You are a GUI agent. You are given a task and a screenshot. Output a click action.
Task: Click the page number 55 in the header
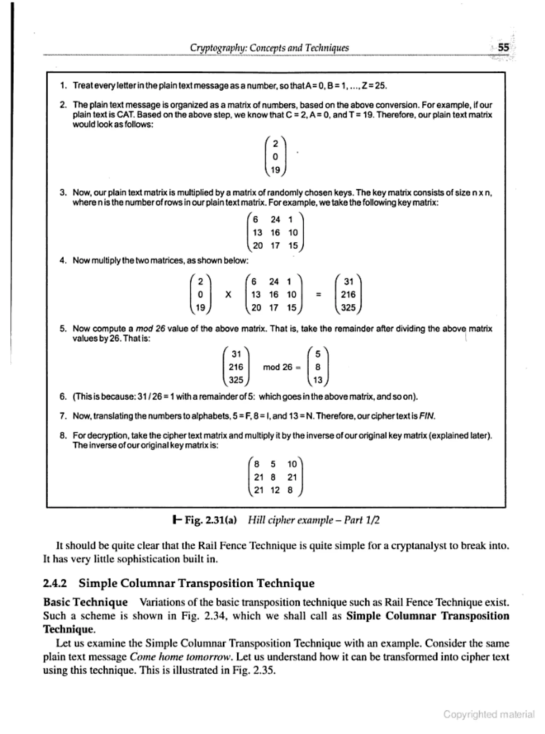(x=503, y=48)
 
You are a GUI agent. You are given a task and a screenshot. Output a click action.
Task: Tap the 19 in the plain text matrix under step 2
(x=275, y=170)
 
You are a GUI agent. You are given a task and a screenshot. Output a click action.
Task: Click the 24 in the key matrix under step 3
(x=275, y=220)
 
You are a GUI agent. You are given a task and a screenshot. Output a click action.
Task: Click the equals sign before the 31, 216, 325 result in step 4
(x=318, y=295)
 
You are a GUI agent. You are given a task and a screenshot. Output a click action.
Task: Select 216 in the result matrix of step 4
(x=348, y=294)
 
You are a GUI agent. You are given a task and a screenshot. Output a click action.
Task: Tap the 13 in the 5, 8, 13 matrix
(x=318, y=380)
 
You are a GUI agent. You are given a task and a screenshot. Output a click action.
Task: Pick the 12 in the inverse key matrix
(x=275, y=490)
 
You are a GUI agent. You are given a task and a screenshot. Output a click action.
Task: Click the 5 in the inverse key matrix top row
(x=273, y=464)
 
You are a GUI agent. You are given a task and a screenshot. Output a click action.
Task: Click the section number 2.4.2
(x=55, y=583)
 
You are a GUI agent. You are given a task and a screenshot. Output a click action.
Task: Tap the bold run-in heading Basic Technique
(x=85, y=602)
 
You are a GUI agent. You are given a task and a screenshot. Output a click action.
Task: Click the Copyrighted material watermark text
(x=488, y=714)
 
